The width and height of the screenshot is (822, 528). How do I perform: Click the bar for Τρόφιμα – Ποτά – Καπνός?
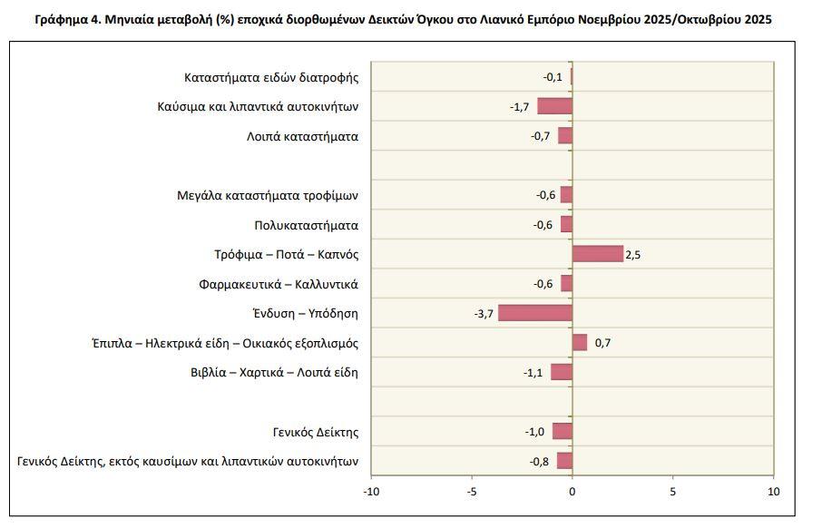click(x=597, y=254)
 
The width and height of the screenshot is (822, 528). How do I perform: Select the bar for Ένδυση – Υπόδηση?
click(x=535, y=313)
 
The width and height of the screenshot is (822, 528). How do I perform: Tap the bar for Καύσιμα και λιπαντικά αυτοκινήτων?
click(x=554, y=106)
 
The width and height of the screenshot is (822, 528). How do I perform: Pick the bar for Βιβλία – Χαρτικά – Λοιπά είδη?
click(x=561, y=372)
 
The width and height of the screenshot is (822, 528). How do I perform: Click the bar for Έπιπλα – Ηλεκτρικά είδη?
click(x=579, y=342)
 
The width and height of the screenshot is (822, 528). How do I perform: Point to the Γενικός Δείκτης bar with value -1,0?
click(x=562, y=431)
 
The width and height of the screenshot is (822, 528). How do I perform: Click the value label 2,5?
click(x=633, y=255)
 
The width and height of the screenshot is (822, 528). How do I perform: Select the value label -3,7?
click(x=484, y=314)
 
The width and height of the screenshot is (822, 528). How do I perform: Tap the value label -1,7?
click(x=519, y=107)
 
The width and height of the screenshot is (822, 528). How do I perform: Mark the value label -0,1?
click(x=553, y=77)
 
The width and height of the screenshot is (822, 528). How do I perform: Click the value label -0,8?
click(x=539, y=461)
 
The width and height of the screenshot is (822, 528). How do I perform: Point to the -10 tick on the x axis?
click(x=371, y=492)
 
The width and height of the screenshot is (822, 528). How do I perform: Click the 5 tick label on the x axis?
click(x=672, y=492)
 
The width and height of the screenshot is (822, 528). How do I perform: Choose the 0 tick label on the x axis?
click(x=572, y=492)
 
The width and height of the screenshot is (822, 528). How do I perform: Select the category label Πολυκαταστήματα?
click(x=306, y=225)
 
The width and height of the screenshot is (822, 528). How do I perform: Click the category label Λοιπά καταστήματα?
click(x=302, y=137)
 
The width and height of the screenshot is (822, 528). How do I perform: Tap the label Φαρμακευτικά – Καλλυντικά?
click(x=279, y=284)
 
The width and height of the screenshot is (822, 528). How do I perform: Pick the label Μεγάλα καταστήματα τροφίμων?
click(x=268, y=195)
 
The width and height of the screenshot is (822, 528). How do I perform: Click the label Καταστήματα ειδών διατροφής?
click(x=271, y=77)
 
